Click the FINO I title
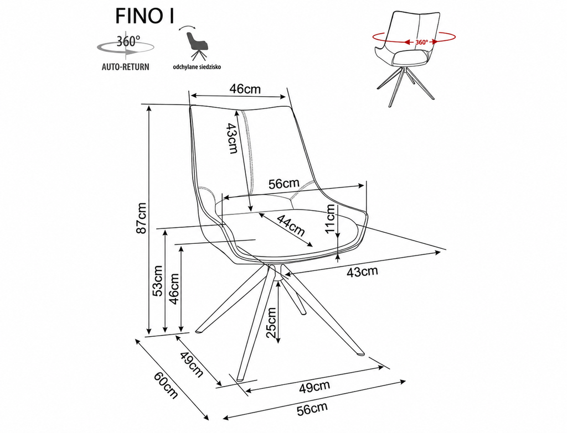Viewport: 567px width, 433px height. [145, 16]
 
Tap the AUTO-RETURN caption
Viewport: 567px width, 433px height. [126, 67]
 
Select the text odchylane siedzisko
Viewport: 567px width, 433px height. [197, 67]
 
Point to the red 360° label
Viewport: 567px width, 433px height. [421, 42]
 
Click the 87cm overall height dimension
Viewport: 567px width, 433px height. [142, 218]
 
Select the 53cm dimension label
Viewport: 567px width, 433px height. [158, 281]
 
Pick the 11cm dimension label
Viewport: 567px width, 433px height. [330, 219]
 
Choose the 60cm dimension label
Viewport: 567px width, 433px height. [166, 385]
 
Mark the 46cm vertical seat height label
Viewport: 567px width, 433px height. [174, 289]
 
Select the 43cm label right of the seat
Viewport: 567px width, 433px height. [362, 272]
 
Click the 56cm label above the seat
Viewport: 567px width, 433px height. [284, 184]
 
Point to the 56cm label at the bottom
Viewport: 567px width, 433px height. [312, 409]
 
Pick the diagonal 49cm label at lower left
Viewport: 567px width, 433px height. [192, 364]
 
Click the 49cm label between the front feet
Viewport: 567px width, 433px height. [315, 387]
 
